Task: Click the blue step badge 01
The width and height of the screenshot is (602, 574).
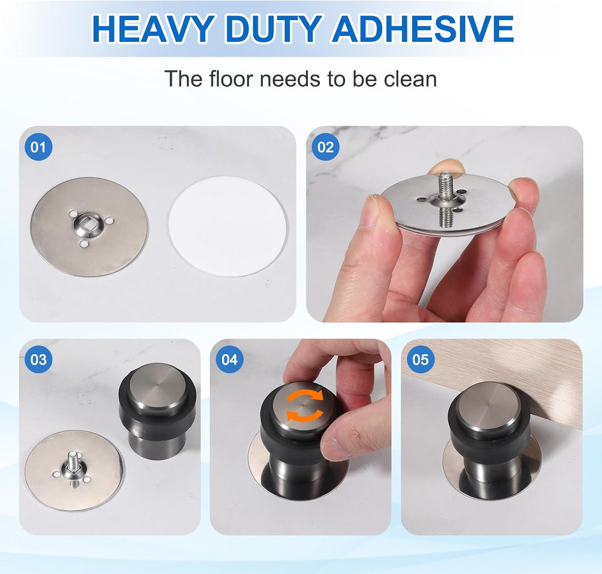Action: tap(38, 147)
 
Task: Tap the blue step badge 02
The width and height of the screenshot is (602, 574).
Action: tap(325, 147)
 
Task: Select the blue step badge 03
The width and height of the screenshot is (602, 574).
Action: tap(38, 359)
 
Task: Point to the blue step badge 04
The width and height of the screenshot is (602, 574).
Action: tap(229, 359)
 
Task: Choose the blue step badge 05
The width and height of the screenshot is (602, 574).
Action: tap(420, 359)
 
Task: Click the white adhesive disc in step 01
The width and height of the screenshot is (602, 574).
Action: tap(228, 226)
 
